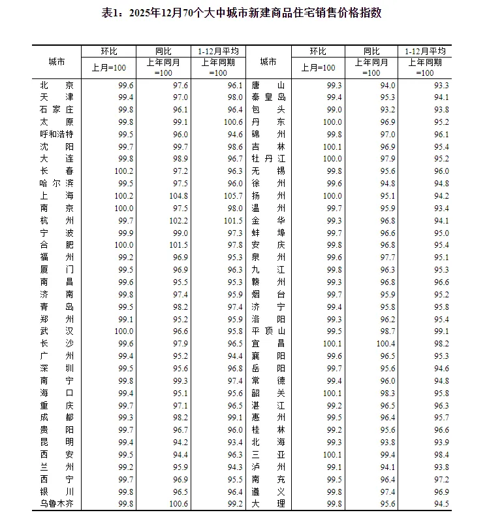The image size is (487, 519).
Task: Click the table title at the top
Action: click(x=242, y=13)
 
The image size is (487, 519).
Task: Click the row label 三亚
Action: click(x=268, y=454)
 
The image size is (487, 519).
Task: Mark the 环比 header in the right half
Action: click(x=318, y=51)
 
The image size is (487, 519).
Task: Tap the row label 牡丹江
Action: click(x=268, y=159)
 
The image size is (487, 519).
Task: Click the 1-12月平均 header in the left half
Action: click(x=218, y=51)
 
